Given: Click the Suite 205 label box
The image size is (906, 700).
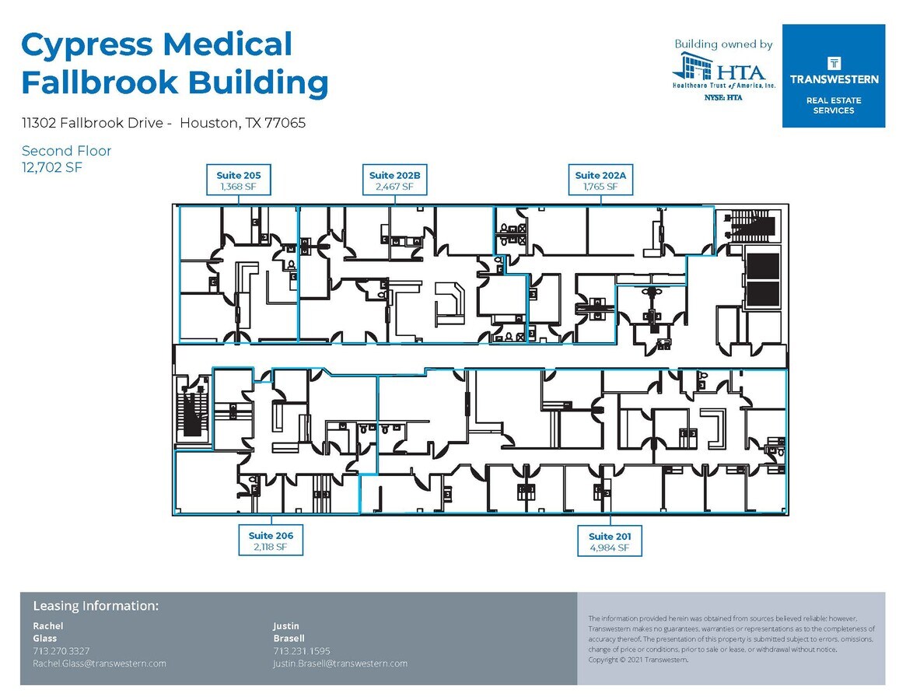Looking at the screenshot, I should pos(238,180).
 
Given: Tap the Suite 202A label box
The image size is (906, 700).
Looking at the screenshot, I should pos(600,180).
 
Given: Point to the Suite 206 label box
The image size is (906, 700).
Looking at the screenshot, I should pos(271,541).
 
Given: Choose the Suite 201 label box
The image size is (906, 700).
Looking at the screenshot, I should pos(610,542).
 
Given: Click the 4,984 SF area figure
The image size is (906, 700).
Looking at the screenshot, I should pos(610,548).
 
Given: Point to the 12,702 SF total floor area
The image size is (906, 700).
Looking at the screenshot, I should pos(52,166).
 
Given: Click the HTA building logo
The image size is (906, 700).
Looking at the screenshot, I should pos(723,73).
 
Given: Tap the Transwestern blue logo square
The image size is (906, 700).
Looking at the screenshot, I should pos(834,75).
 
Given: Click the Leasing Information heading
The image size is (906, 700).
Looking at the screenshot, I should pos(96,606).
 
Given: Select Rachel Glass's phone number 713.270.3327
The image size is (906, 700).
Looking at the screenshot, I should pos(61,650).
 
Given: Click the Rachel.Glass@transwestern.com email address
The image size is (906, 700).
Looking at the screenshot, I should pos(100,663).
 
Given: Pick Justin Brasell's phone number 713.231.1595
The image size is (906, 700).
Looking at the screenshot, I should pos(302,650).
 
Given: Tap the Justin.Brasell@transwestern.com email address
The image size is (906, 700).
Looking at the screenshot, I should pos(341,663).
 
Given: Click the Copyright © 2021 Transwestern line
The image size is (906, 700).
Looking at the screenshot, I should pos(638,660).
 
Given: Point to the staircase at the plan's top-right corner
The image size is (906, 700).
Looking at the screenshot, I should pos(750,226).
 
